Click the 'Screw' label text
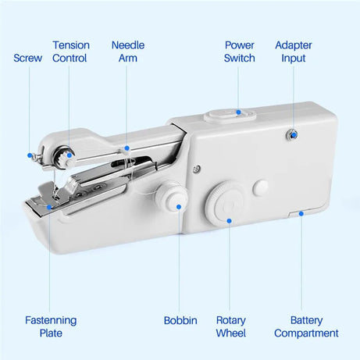click(x=27, y=58)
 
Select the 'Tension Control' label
click(x=70, y=52)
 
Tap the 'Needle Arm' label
click(x=127, y=52)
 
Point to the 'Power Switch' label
click(x=239, y=52)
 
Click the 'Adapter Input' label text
click(x=294, y=52)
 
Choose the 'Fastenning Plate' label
click(x=51, y=326)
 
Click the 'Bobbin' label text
click(x=180, y=320)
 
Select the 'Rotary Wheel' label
click(x=230, y=326)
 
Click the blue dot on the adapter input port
click(x=294, y=135)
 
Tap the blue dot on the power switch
click(x=240, y=114)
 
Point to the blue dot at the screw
click(x=30, y=155)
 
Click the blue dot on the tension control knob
click(x=70, y=155)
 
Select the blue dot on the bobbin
click(x=179, y=207)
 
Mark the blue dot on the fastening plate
click(x=49, y=207)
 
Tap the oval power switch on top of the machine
click(x=231, y=116)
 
